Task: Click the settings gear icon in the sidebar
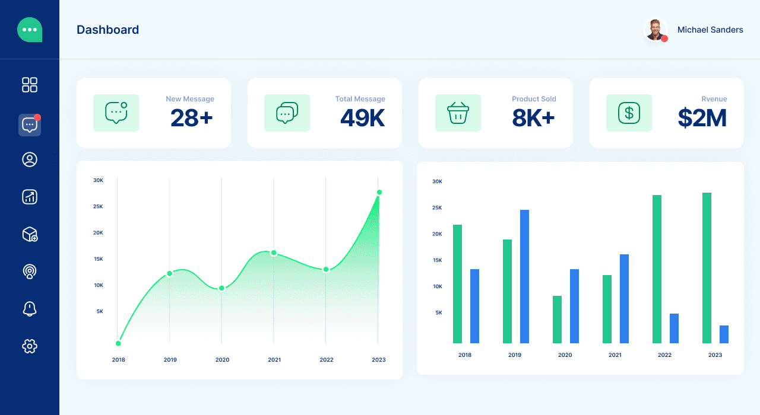point(30,346)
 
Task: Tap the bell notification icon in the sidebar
point(30,308)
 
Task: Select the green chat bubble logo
point(30,30)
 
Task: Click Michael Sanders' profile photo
point(655,30)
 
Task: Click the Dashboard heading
point(107,30)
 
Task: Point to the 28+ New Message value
point(191,118)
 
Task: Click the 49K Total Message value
point(362,118)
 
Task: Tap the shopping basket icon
point(458,113)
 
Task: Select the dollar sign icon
point(629,113)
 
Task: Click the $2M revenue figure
point(702,118)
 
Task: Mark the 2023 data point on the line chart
point(379,192)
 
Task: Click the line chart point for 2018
point(118,343)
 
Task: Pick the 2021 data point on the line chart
point(274,253)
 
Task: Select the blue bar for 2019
point(524,276)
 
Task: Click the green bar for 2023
point(707,268)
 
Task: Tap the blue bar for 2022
point(674,328)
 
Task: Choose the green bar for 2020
point(557,320)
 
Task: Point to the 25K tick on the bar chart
point(437,207)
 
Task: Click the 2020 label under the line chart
point(222,360)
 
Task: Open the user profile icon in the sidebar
point(30,159)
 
